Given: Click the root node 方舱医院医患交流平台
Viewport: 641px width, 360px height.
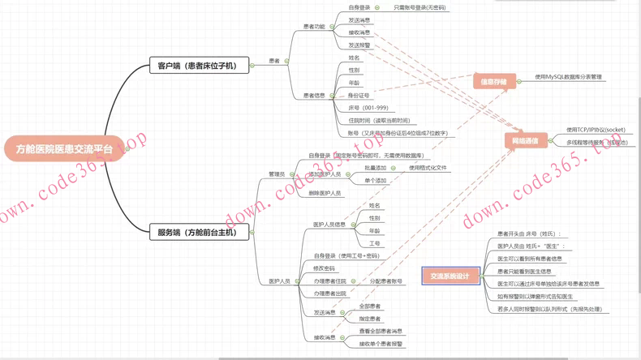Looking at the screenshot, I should pyautogui.click(x=64, y=149).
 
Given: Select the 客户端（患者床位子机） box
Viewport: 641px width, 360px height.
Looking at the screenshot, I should pyautogui.click(x=198, y=66).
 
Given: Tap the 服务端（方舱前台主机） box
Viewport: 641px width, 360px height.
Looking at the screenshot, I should pyautogui.click(x=198, y=232).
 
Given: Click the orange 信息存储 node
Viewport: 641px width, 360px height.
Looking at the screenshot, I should pyautogui.click(x=493, y=81).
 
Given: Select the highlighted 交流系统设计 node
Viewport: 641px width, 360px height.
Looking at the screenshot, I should pyautogui.click(x=450, y=276).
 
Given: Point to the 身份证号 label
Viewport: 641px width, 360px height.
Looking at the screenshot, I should pyautogui.click(x=359, y=95).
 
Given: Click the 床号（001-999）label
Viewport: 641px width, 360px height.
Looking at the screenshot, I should pyautogui.click(x=368, y=108).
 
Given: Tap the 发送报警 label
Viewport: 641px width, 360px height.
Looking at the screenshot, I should pyautogui.click(x=359, y=45).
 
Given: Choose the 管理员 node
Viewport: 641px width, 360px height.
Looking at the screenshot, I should pyautogui.click(x=277, y=174).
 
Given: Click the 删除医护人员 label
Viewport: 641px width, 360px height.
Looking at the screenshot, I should pyautogui.click(x=325, y=193).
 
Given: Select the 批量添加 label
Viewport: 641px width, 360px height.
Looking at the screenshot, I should pyautogui.click(x=376, y=168).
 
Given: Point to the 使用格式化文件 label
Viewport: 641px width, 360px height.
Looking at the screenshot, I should pyautogui.click(x=428, y=168).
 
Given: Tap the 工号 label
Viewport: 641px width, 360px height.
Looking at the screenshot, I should pyautogui.click(x=375, y=243).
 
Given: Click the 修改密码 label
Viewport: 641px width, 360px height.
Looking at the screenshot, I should pyautogui.click(x=324, y=268).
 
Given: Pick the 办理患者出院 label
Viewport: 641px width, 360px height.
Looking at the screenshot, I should pyautogui.click(x=330, y=294).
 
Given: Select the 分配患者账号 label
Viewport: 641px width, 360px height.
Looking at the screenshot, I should pyautogui.click(x=386, y=281).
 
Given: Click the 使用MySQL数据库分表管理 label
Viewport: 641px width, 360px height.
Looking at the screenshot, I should pyautogui.click(x=568, y=77).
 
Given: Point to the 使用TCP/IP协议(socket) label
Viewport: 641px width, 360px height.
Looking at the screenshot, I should pyautogui.click(x=596, y=130).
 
